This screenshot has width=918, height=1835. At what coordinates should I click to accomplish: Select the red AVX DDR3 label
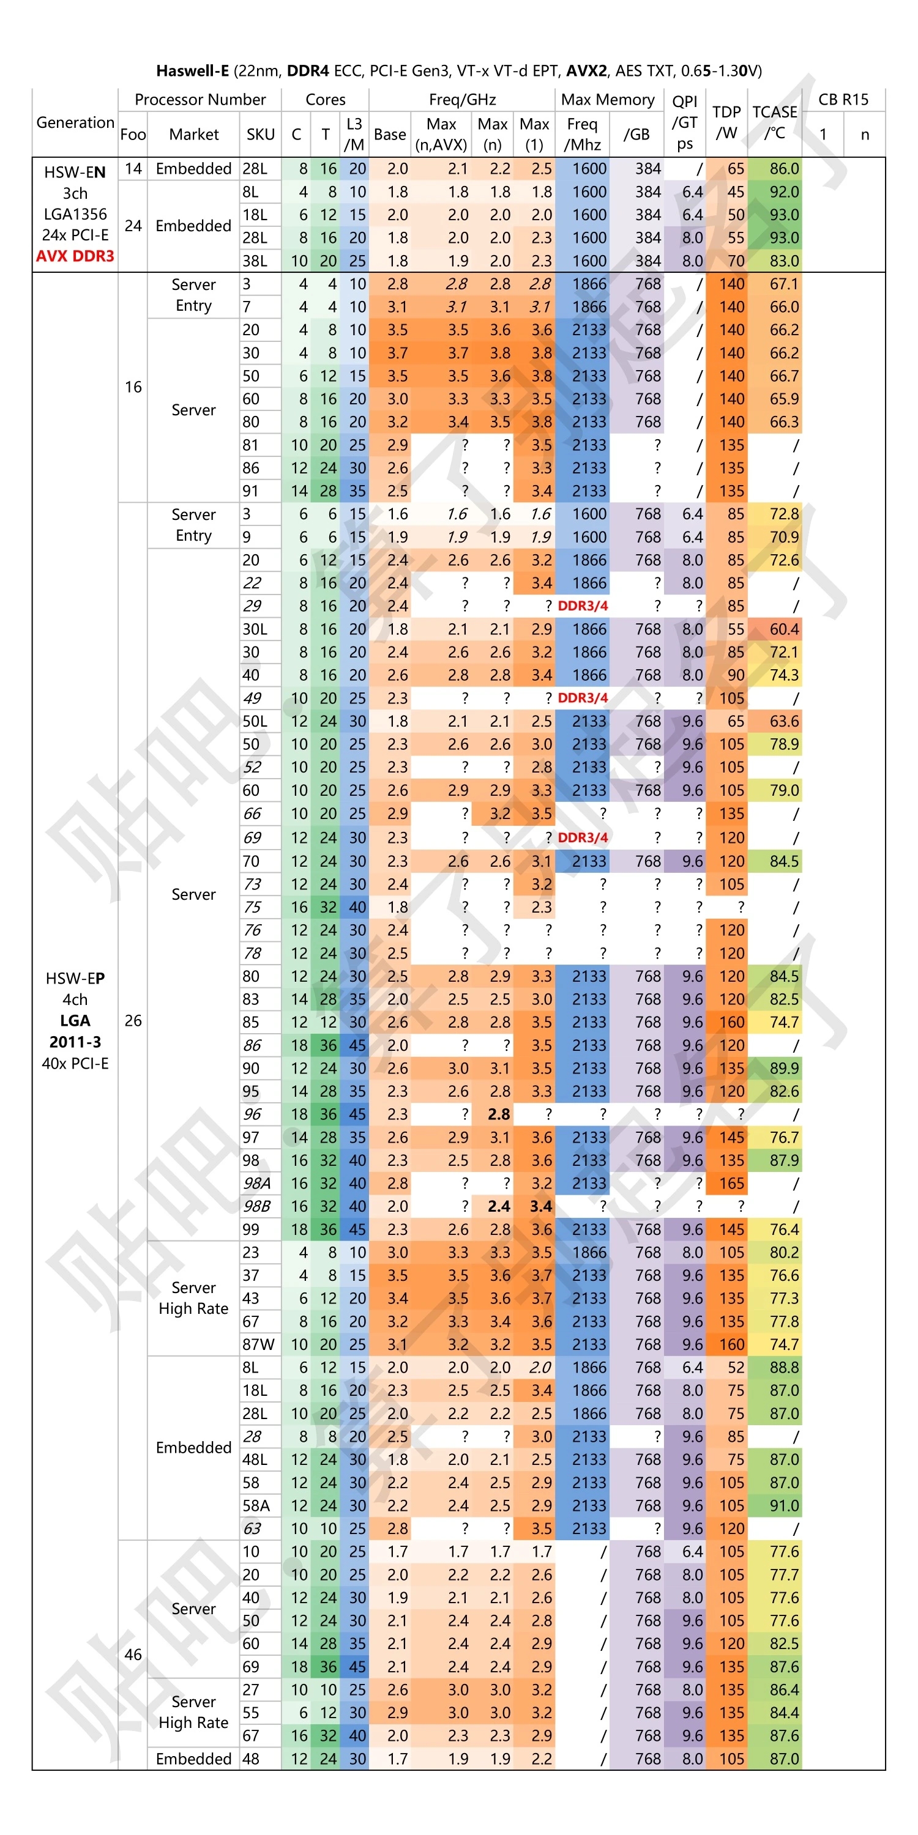tap(75, 256)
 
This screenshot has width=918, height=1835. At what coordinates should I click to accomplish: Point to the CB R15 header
tap(843, 99)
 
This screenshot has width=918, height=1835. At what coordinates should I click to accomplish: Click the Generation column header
tap(75, 122)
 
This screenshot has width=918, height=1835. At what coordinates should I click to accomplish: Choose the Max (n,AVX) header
tap(441, 134)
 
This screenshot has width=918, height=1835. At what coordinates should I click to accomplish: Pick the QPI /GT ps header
tap(684, 122)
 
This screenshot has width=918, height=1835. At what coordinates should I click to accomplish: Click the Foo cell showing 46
tap(133, 1654)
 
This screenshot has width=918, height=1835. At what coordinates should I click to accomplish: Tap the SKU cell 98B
tap(256, 1206)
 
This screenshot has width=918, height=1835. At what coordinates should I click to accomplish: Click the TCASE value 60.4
tap(784, 629)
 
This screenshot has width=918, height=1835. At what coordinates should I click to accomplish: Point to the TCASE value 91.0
tap(784, 1505)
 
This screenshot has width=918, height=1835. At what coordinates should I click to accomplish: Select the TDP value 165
tap(731, 1183)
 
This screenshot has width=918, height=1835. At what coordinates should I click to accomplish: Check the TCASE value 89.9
tap(784, 1068)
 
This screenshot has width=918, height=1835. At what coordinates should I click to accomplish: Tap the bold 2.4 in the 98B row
tap(499, 1206)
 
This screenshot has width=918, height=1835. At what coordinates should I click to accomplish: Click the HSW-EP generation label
tap(75, 978)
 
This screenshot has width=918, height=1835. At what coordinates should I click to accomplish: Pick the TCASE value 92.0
tap(784, 191)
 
